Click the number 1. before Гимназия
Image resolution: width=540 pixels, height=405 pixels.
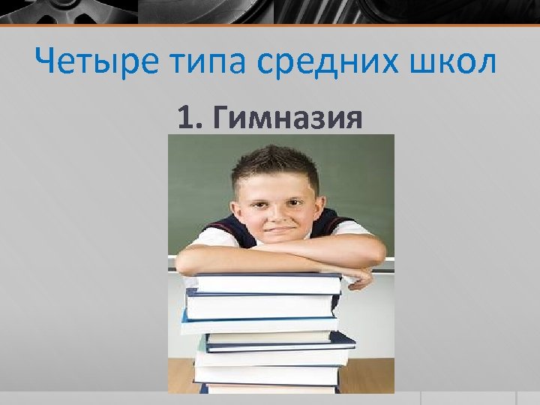coord(190,118)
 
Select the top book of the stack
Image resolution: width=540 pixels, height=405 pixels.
coord(267,283)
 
